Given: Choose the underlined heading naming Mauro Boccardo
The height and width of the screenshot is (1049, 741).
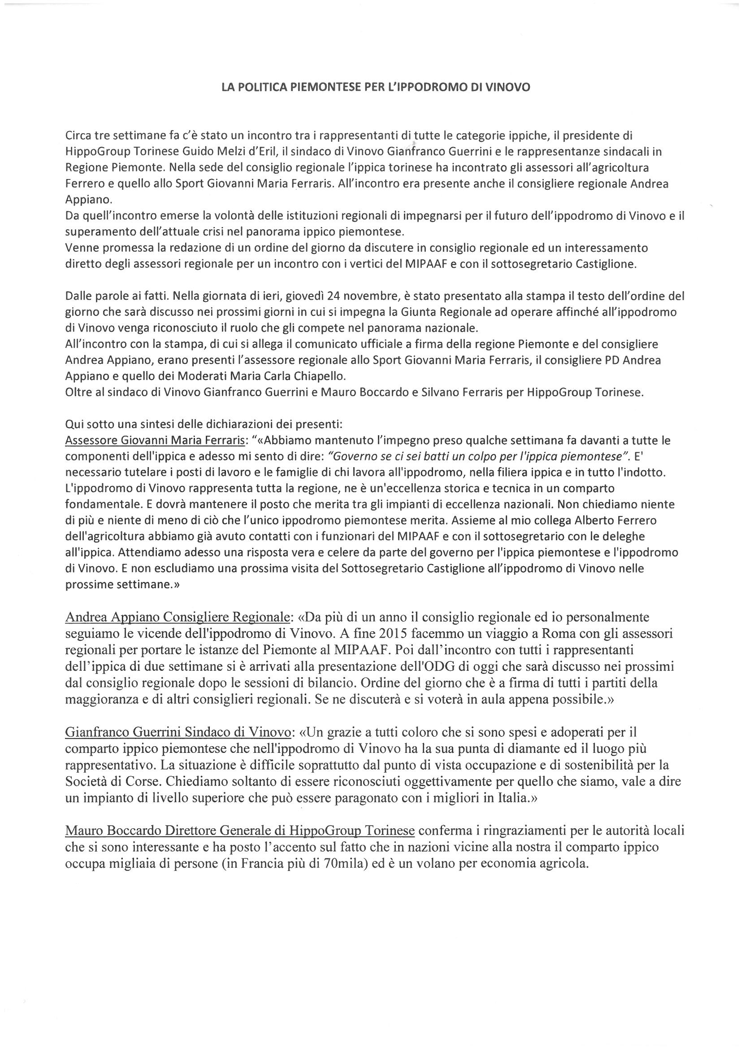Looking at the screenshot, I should [240, 830].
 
